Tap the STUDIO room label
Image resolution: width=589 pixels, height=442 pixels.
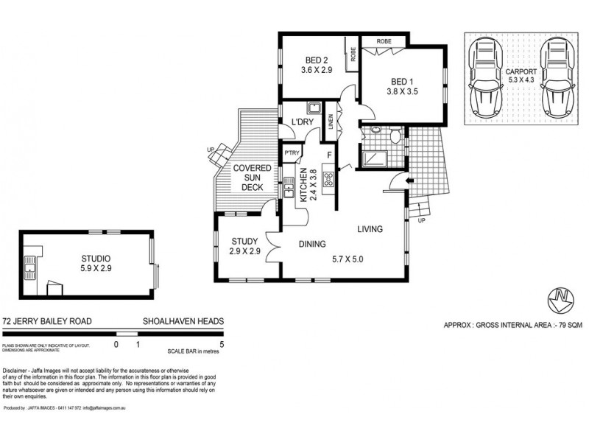coord(96,258)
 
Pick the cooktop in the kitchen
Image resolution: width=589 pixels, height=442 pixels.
coord(328,178)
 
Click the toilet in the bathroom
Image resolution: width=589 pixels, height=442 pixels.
coord(395,135)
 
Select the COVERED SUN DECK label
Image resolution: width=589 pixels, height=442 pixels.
coord(253,178)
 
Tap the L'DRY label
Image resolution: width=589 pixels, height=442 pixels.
coord(303,122)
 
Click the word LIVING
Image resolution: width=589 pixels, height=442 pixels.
coord(370,229)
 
